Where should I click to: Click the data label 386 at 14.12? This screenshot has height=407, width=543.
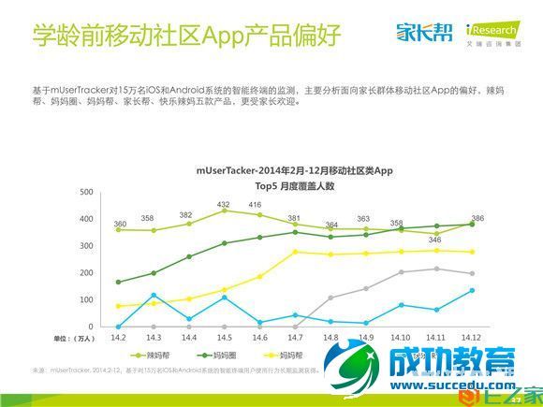tap(477, 217)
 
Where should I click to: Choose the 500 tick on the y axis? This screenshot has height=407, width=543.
tap(86, 192)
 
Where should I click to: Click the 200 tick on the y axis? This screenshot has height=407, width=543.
tap(86, 273)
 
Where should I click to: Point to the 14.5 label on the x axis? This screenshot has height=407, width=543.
tap(224, 336)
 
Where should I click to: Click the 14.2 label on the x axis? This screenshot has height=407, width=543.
tap(118, 336)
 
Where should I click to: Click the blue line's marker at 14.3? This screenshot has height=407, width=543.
tap(154, 296)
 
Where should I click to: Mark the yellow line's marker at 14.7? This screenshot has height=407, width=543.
tap(294, 252)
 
